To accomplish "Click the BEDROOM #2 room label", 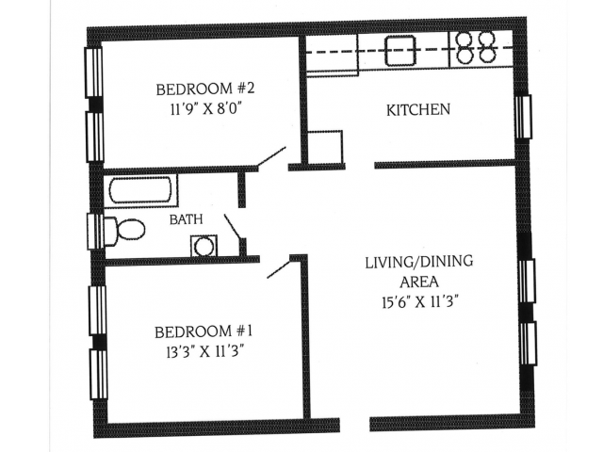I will point(205,89).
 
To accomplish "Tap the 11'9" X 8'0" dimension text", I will point(205,108).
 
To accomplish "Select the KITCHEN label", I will point(418,110).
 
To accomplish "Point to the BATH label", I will point(186,219).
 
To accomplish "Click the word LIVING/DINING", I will point(418,261).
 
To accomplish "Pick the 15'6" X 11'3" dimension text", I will point(418,302).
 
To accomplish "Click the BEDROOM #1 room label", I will point(204,331).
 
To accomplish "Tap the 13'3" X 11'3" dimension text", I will point(204,351).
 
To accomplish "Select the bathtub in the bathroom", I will point(143,190).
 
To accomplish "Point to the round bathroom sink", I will point(204,246).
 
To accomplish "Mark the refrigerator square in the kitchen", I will point(325,148).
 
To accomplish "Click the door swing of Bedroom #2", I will point(271,157).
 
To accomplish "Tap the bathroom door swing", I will point(233,227).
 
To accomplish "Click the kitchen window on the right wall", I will point(523,116).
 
